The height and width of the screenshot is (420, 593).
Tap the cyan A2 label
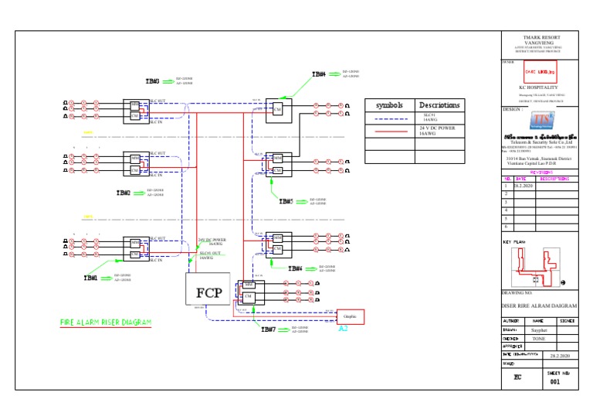coord(344,328)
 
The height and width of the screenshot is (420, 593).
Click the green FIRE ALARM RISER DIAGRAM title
coord(106,322)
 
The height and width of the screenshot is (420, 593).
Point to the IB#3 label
coord(152,80)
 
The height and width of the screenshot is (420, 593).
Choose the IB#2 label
coord(124,193)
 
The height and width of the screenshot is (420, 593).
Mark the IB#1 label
coord(90,277)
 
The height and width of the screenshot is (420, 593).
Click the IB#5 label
coord(286,201)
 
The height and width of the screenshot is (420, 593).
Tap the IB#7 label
coord(268,330)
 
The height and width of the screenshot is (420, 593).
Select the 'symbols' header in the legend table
coord(390,105)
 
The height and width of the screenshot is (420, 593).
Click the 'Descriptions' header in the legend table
coord(439,105)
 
